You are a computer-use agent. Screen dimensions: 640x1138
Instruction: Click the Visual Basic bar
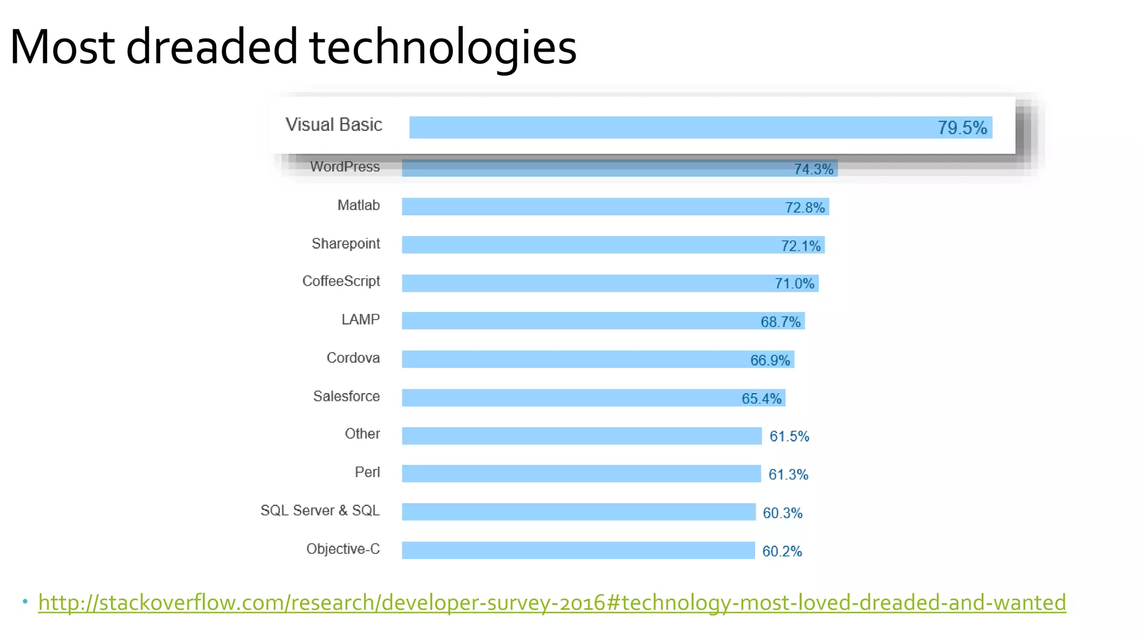pos(667,127)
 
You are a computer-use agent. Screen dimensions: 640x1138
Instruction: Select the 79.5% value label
pos(962,128)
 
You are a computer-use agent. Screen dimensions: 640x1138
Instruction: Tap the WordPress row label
pos(345,167)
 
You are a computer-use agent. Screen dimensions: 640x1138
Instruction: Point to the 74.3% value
pos(813,169)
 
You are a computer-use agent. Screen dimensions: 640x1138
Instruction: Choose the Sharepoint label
pos(346,244)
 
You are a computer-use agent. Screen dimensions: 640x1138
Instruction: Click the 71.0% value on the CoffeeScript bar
pos(794,284)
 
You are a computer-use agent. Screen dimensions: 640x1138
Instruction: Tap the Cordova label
pos(353,358)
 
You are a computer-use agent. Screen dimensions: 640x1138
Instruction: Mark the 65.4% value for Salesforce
pos(761,398)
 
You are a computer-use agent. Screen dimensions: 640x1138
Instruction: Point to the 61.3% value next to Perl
pos(788,474)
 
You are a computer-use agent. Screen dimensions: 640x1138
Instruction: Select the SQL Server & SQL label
pos(320,511)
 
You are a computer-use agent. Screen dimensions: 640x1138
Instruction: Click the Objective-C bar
pos(578,551)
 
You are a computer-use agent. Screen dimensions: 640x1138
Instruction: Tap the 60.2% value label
pos(782,551)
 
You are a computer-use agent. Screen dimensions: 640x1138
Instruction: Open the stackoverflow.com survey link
pos(552,603)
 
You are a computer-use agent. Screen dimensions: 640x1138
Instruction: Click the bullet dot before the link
pos(25,602)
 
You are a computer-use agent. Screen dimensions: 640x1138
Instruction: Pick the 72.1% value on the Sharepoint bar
pos(800,246)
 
